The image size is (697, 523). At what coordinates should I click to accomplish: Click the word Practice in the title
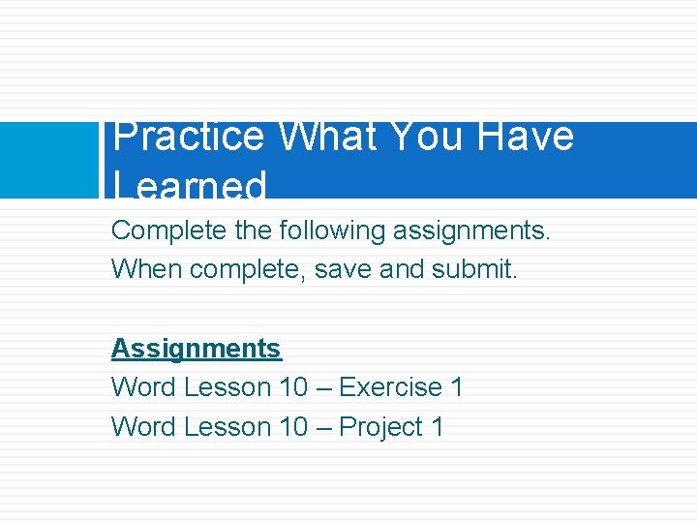click(x=188, y=138)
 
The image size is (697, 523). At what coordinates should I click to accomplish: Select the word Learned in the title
click(x=190, y=185)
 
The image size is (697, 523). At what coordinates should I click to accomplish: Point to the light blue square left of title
click(x=49, y=160)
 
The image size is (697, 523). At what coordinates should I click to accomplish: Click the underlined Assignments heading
click(x=196, y=348)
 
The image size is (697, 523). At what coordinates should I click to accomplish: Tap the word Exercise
click(x=390, y=387)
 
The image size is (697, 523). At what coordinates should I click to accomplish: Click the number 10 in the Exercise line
click(x=292, y=387)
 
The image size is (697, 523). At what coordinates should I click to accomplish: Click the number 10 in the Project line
click(x=292, y=427)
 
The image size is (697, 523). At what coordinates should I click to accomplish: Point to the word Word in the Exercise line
click(x=143, y=387)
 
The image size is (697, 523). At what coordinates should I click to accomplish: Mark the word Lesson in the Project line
click(x=227, y=427)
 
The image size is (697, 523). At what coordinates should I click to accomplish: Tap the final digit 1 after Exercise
click(x=457, y=387)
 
